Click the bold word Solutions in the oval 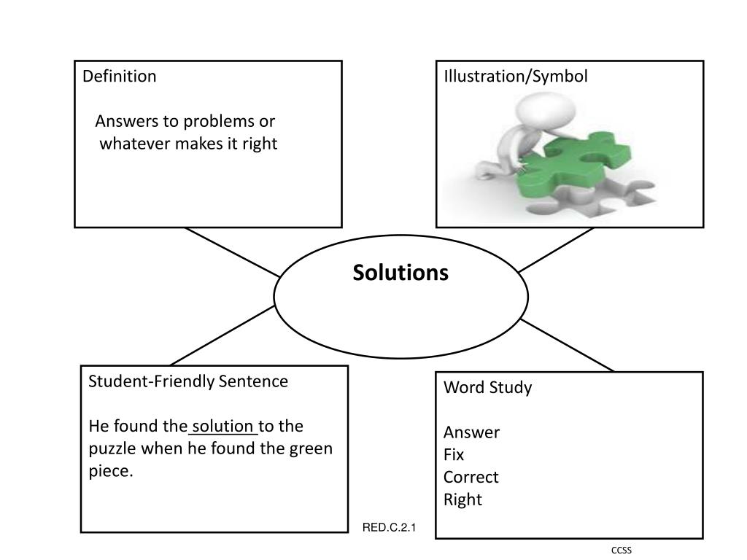[x=400, y=273]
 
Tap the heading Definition [x=119, y=77]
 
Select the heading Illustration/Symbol [x=516, y=77]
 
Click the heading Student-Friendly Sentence [x=188, y=381]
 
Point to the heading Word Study [x=487, y=387]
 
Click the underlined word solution [x=222, y=426]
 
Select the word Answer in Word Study [x=471, y=432]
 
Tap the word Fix [x=454, y=455]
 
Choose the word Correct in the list [x=471, y=478]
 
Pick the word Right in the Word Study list [x=462, y=500]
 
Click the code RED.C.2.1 [x=389, y=527]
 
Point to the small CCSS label [x=622, y=551]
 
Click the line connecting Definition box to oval [x=232, y=252]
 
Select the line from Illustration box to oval [x=556, y=250]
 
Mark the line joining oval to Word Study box [x=568, y=346]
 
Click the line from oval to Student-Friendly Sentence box [x=222, y=335]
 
